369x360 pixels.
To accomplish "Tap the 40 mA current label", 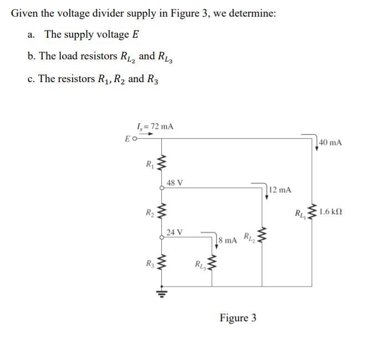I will click(x=331, y=143).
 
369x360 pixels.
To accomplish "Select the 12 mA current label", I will click(x=280, y=190).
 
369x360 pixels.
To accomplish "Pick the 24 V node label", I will click(x=175, y=231).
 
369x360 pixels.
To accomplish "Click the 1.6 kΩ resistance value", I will click(x=331, y=211).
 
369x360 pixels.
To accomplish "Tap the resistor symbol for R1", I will click(x=162, y=164).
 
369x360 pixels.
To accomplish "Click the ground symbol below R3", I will click(x=162, y=290).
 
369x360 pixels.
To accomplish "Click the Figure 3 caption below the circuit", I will click(x=238, y=318).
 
